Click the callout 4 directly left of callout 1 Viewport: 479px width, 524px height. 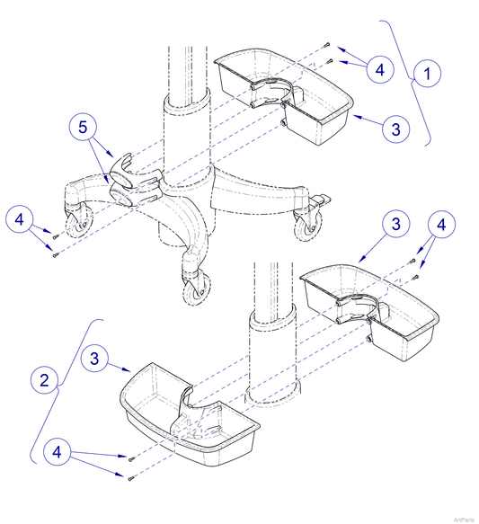coord(379,69)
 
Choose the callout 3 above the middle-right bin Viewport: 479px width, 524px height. coord(396,226)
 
